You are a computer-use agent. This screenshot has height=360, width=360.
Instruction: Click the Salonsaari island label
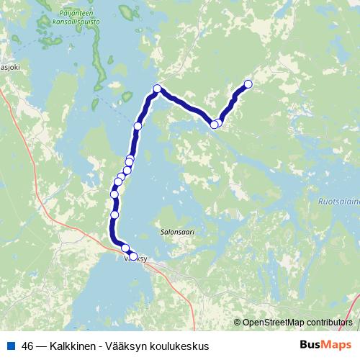click(x=178, y=233)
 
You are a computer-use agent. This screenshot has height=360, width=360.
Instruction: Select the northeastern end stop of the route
click(x=248, y=84)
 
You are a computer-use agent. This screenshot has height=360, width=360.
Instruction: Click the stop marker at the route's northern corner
click(x=157, y=89)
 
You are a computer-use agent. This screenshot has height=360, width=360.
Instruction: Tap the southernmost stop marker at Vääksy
click(x=132, y=256)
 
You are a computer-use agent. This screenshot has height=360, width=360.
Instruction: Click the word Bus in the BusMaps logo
click(x=311, y=346)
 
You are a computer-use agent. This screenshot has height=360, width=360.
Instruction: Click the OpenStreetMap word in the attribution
click(x=273, y=322)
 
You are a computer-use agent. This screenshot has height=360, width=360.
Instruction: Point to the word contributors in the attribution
click(x=328, y=322)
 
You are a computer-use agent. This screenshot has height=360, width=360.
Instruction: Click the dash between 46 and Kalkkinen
click(x=43, y=346)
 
